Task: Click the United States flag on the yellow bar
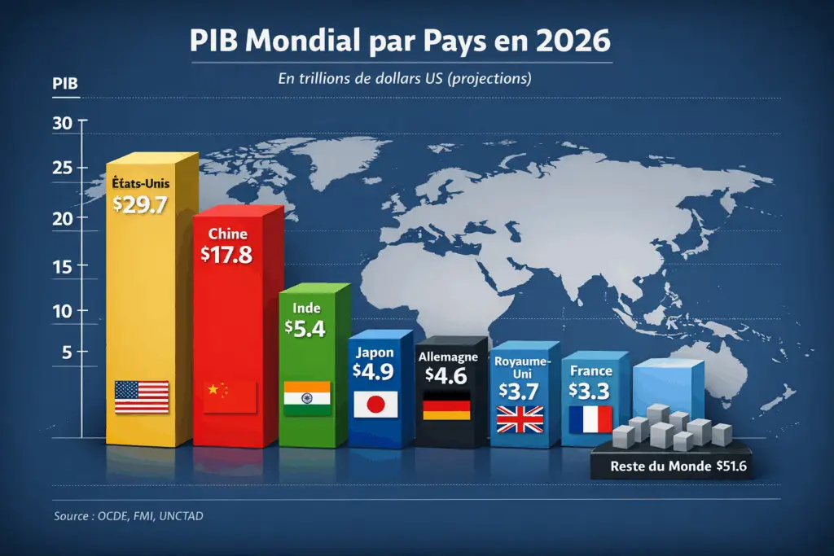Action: coord(142,396)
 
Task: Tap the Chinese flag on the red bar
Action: coord(230,396)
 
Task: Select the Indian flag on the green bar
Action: coord(307,396)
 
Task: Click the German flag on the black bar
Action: coord(446,405)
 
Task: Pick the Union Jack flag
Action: coord(519,418)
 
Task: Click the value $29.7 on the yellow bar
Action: coord(140,204)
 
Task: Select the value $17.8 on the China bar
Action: coord(226,253)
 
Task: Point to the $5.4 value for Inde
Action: coord(305,328)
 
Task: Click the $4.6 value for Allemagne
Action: coord(446,375)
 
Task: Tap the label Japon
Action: coord(375,352)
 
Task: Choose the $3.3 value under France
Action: coord(589,391)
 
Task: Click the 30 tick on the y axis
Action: coord(64,123)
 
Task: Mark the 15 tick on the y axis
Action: coord(64,267)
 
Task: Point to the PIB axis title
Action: coord(64,83)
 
